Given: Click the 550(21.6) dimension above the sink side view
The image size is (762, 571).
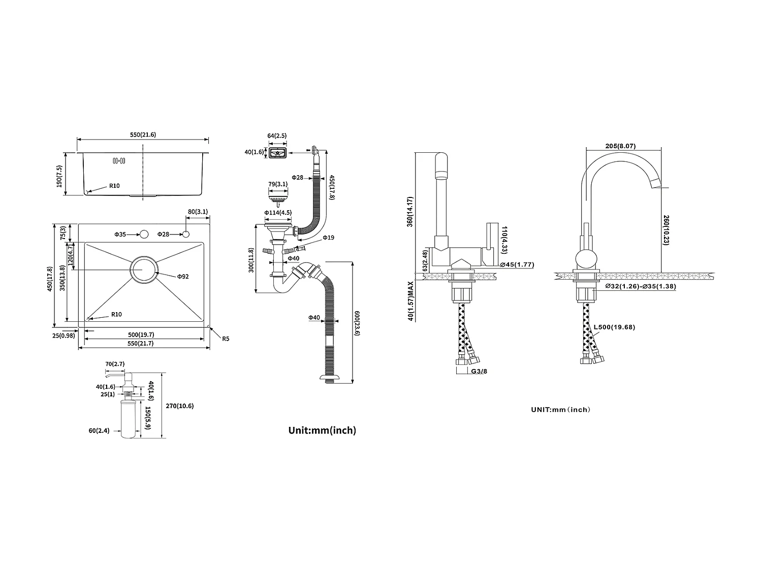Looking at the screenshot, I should click(143, 135).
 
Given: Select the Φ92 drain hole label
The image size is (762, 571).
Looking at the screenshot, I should click(183, 277).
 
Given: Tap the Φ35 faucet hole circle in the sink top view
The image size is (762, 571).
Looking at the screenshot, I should click(144, 234).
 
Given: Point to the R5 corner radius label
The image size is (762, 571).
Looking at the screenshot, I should click(226, 339).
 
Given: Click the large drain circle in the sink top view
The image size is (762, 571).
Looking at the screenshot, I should click(144, 269).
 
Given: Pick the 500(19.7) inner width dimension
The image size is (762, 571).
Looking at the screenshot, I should click(141, 334).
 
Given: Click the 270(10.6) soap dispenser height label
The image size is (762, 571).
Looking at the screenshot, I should click(180, 406).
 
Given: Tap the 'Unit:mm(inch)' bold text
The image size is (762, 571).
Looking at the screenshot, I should click(322, 430).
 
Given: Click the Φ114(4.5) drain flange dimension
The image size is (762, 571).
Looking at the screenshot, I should click(277, 213).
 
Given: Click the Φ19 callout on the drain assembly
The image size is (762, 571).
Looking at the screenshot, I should click(328, 238).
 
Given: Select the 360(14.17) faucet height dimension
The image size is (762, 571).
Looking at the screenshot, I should click(410, 212).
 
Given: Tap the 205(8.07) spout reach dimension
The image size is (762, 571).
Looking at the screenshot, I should click(621, 146).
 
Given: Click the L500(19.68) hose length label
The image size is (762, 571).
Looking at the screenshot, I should click(614, 327).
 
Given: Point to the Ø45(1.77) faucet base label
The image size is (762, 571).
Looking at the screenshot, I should click(517, 264).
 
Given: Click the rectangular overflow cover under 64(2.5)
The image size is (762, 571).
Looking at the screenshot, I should click(277, 152).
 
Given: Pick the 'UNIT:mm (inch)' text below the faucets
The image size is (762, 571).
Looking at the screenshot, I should click(561, 410).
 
